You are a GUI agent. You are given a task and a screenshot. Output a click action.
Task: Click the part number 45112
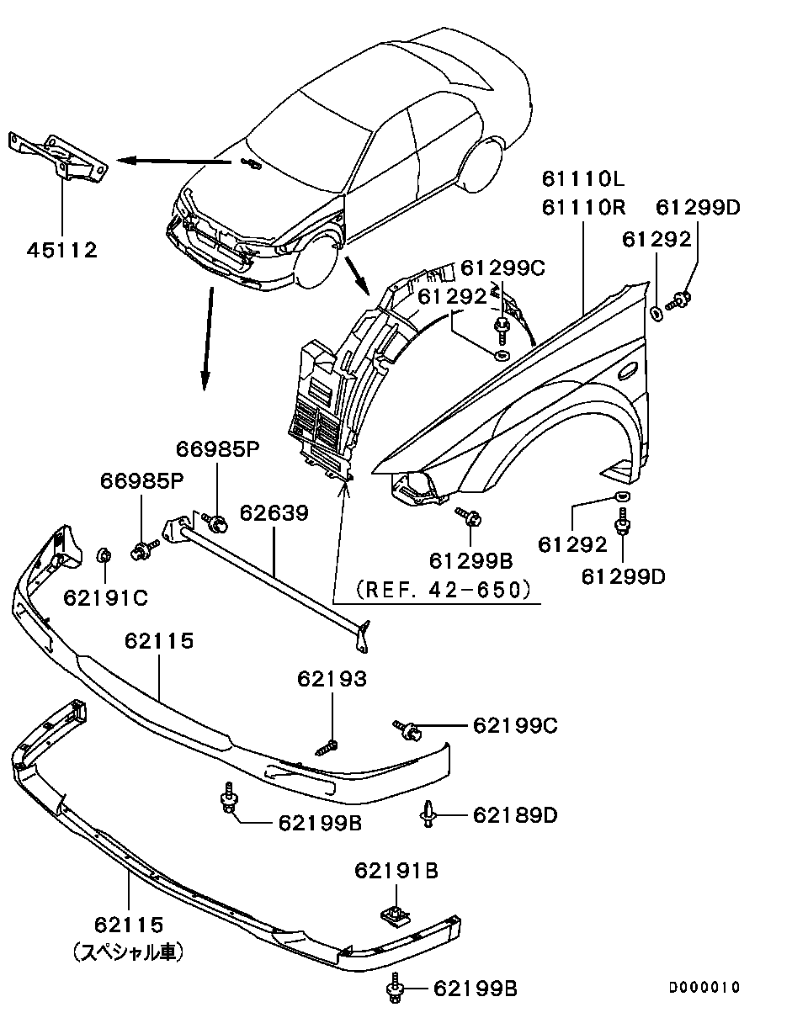click(x=61, y=250)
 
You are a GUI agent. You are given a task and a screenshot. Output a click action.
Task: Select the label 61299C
click(x=503, y=268)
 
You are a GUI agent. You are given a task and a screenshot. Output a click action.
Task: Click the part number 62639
click(x=274, y=512)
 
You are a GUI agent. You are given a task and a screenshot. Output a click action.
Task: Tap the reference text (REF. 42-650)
click(x=444, y=590)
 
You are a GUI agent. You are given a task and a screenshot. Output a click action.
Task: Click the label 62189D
click(x=515, y=815)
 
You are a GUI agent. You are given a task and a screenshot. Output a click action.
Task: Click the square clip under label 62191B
click(x=391, y=912)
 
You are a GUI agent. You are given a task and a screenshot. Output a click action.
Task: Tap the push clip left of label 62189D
click(x=429, y=814)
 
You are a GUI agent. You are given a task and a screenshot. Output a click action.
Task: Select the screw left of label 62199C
click(x=407, y=729)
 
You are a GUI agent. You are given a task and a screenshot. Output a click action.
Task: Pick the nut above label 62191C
click(x=105, y=555)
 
